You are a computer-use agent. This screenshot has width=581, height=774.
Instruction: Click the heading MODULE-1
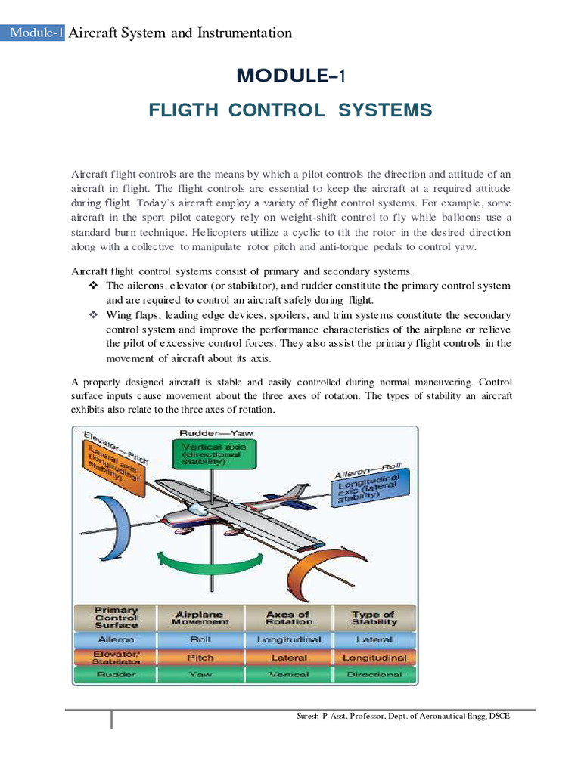290,76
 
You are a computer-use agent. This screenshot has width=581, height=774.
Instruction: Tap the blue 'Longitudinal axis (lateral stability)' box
368,488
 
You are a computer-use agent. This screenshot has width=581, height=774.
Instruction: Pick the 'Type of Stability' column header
374,618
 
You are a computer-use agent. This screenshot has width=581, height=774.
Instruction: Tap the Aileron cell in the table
116,639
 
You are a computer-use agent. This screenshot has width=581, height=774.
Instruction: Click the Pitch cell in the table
200,657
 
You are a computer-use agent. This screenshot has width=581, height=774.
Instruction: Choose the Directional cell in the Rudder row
374,674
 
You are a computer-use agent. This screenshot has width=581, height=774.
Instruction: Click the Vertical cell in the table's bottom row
289,674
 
